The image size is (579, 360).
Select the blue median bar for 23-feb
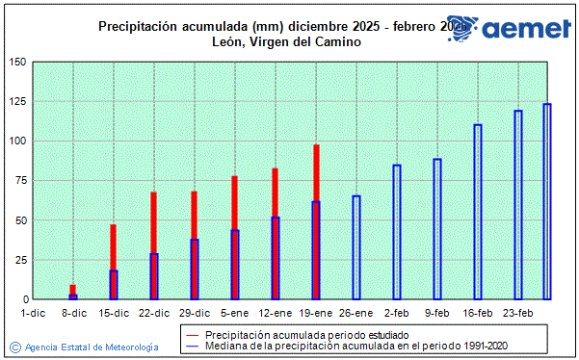pyautogui.click(x=518, y=205)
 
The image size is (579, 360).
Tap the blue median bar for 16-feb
pyautogui.click(x=478, y=212)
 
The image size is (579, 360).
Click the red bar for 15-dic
pyautogui.click(x=113, y=247)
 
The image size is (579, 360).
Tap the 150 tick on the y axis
pyautogui.click(x=17, y=63)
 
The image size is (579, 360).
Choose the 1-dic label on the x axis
pyautogui.click(x=33, y=312)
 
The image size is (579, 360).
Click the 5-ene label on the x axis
pyautogui.click(x=234, y=312)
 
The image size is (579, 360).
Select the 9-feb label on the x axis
pyautogui.click(x=436, y=312)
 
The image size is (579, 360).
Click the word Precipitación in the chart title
pyautogui.click(x=136, y=26)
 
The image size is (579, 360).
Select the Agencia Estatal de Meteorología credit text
pyautogui.click(x=92, y=347)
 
